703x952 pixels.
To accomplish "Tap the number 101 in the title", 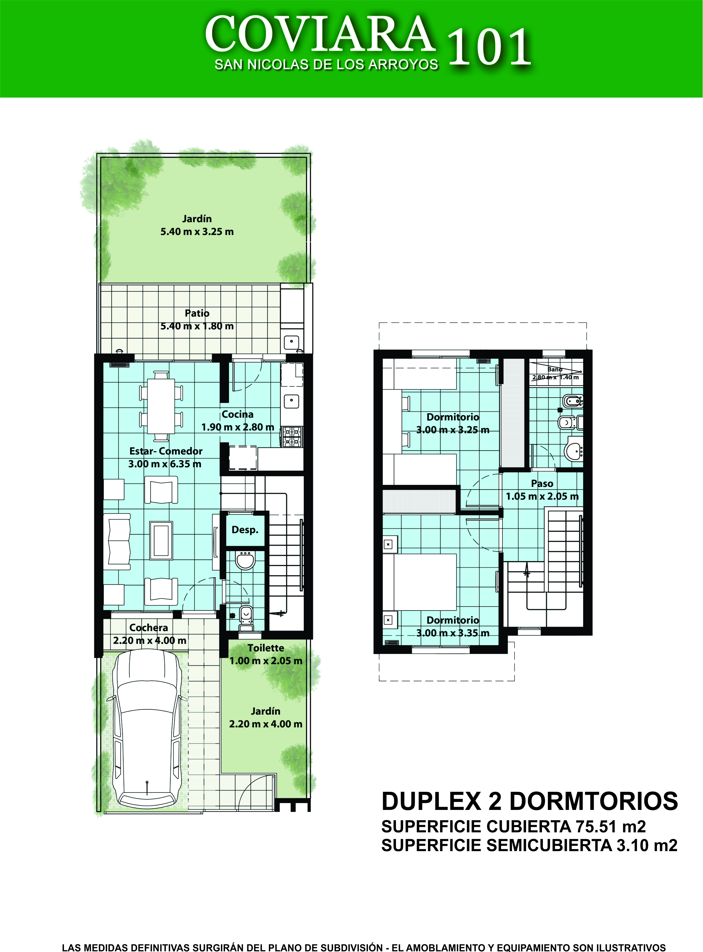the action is point(489,47).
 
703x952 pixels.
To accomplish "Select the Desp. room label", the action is point(245,530).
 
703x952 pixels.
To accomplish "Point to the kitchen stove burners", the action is point(292,437).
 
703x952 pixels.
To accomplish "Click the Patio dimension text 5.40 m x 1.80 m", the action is point(197,326).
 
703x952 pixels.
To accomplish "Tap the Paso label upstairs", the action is point(542,484).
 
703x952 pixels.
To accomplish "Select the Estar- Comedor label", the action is point(166,451).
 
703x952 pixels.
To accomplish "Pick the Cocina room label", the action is point(238,414).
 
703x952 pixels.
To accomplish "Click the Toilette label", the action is point(266,648).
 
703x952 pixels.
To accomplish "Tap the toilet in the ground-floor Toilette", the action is point(246,618).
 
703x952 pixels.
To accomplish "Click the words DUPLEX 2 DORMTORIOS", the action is point(530,801).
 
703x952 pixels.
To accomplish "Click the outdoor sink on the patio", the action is point(292,342).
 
